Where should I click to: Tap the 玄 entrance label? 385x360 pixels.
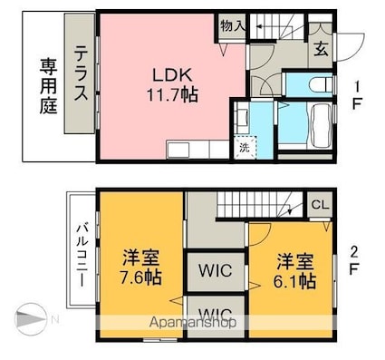[x=322, y=50]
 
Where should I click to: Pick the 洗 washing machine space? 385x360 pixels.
[x=244, y=148]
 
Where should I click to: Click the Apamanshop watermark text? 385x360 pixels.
[x=194, y=322]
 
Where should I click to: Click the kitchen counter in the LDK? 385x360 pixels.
[x=195, y=149]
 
